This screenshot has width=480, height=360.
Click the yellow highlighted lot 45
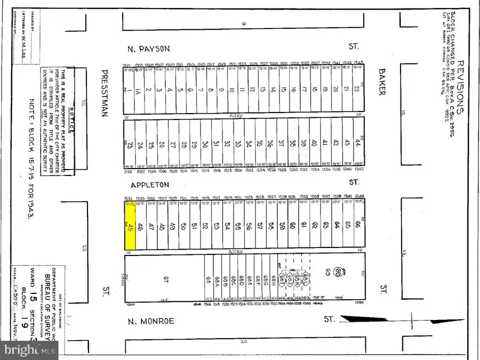click(x=130, y=227)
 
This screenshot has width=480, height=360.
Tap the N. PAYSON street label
click(x=148, y=49)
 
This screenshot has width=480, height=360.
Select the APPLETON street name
click(x=150, y=185)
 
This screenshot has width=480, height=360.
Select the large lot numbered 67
click(x=166, y=279)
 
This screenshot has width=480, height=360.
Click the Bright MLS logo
click(x=30, y=350)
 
